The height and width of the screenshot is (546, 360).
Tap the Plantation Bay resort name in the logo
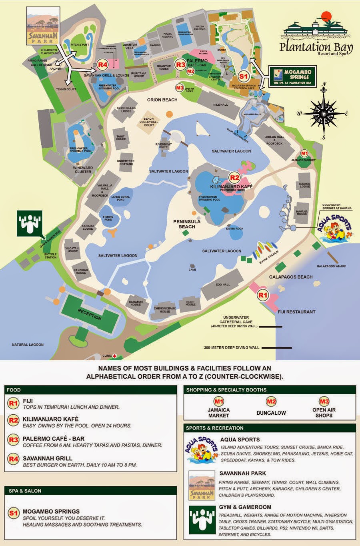316,48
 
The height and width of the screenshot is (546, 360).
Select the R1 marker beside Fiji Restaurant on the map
262,296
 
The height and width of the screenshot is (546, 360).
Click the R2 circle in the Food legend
14,420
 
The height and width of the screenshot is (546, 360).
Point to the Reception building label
90,314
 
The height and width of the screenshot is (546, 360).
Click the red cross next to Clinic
114,355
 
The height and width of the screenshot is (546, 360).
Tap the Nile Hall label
220,105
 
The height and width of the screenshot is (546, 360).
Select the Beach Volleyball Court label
149,122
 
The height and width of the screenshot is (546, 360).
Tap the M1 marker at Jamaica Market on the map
304,153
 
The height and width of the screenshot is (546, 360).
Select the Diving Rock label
234,229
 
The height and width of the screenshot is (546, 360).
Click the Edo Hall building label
223,285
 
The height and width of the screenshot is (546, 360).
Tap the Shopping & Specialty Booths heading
226,389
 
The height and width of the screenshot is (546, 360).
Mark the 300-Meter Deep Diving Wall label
232,347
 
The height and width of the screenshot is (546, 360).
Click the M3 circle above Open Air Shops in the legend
324,401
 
